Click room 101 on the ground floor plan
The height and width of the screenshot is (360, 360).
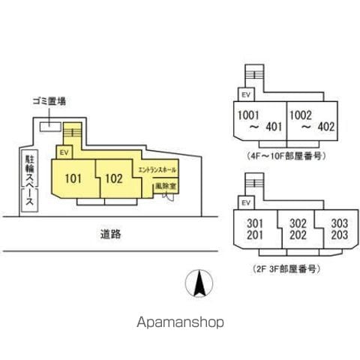click(73, 178)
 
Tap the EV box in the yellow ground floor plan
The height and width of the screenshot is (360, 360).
click(64, 152)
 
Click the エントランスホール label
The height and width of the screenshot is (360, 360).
click(157, 170)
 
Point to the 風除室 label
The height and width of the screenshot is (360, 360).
click(166, 186)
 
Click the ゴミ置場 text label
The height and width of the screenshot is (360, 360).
click(49, 101)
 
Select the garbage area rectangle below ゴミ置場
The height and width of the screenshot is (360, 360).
click(50, 127)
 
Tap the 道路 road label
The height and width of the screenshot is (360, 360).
click(110, 234)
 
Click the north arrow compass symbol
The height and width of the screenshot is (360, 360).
click(199, 283)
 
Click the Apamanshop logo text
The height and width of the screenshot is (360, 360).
click(180, 322)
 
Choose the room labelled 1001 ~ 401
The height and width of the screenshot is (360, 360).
click(259, 121)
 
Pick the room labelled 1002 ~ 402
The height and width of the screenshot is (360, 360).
click(312, 121)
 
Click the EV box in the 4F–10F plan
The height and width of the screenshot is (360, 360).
click(246, 94)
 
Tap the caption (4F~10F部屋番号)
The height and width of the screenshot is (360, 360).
click(286, 156)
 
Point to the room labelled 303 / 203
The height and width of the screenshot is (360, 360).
click(339, 229)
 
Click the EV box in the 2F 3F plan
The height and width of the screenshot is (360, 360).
click(246, 202)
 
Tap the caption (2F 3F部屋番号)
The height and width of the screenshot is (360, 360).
click(286, 269)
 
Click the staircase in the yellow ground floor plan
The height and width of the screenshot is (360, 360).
click(73, 132)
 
